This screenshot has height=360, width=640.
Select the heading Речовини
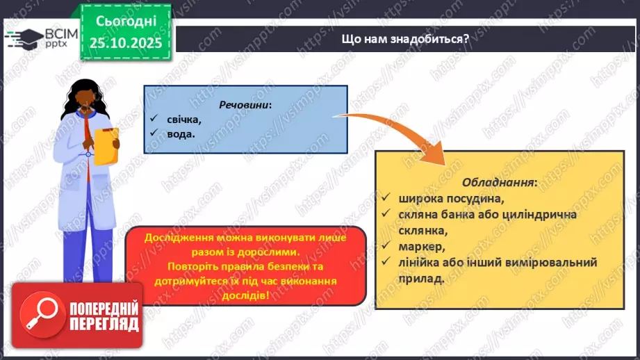(x=245, y=104)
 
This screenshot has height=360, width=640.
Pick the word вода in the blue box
(x=180, y=134)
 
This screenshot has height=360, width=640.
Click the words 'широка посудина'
(x=445, y=198)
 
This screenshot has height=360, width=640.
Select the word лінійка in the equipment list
(x=419, y=262)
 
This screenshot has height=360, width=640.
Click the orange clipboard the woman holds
(x=106, y=145)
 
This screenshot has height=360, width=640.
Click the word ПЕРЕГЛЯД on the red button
(x=104, y=325)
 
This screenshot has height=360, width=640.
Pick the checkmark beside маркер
(x=387, y=246)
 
